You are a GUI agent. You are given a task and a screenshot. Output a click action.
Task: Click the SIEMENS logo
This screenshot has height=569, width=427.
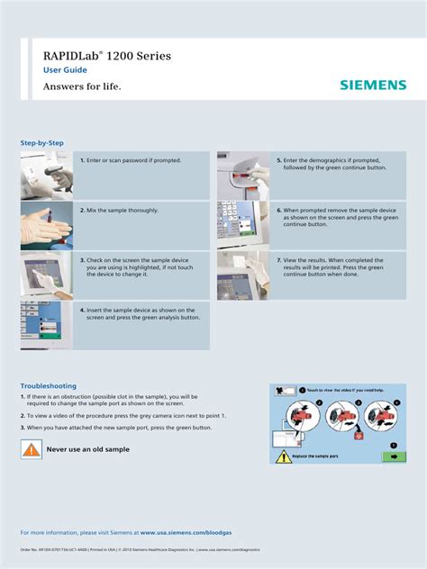373,86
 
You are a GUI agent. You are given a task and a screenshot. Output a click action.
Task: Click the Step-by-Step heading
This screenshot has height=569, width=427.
42,143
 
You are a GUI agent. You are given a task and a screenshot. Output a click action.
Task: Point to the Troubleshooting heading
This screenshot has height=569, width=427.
49,385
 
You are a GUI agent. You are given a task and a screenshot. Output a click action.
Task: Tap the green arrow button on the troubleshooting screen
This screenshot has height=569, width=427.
393,456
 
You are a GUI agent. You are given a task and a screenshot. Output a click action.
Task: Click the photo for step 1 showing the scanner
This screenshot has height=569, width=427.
46,176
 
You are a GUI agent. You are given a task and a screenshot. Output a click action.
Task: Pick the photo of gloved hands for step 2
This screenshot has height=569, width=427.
46,225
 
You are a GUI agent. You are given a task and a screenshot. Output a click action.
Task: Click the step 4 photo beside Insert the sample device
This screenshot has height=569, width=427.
46,325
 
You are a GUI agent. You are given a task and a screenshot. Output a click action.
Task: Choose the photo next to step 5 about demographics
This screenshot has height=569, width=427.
242,176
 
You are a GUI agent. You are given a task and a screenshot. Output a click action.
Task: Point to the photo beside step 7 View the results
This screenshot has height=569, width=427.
242,275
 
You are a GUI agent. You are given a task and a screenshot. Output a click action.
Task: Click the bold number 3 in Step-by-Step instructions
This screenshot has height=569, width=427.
82,259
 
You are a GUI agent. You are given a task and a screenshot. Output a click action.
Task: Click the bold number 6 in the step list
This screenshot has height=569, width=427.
278,210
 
